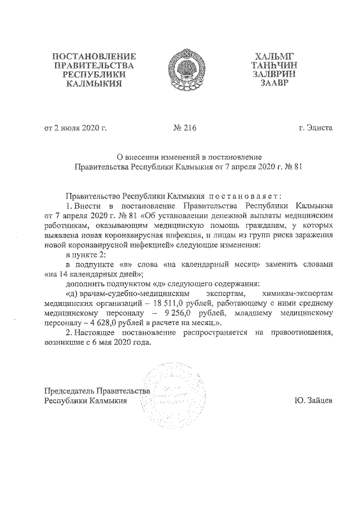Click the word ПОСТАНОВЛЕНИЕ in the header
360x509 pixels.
tap(94, 56)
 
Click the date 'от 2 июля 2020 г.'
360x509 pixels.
tap(75, 128)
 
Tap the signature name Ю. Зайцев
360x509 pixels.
tap(313, 400)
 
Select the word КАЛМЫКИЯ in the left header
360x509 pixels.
tap(94, 84)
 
